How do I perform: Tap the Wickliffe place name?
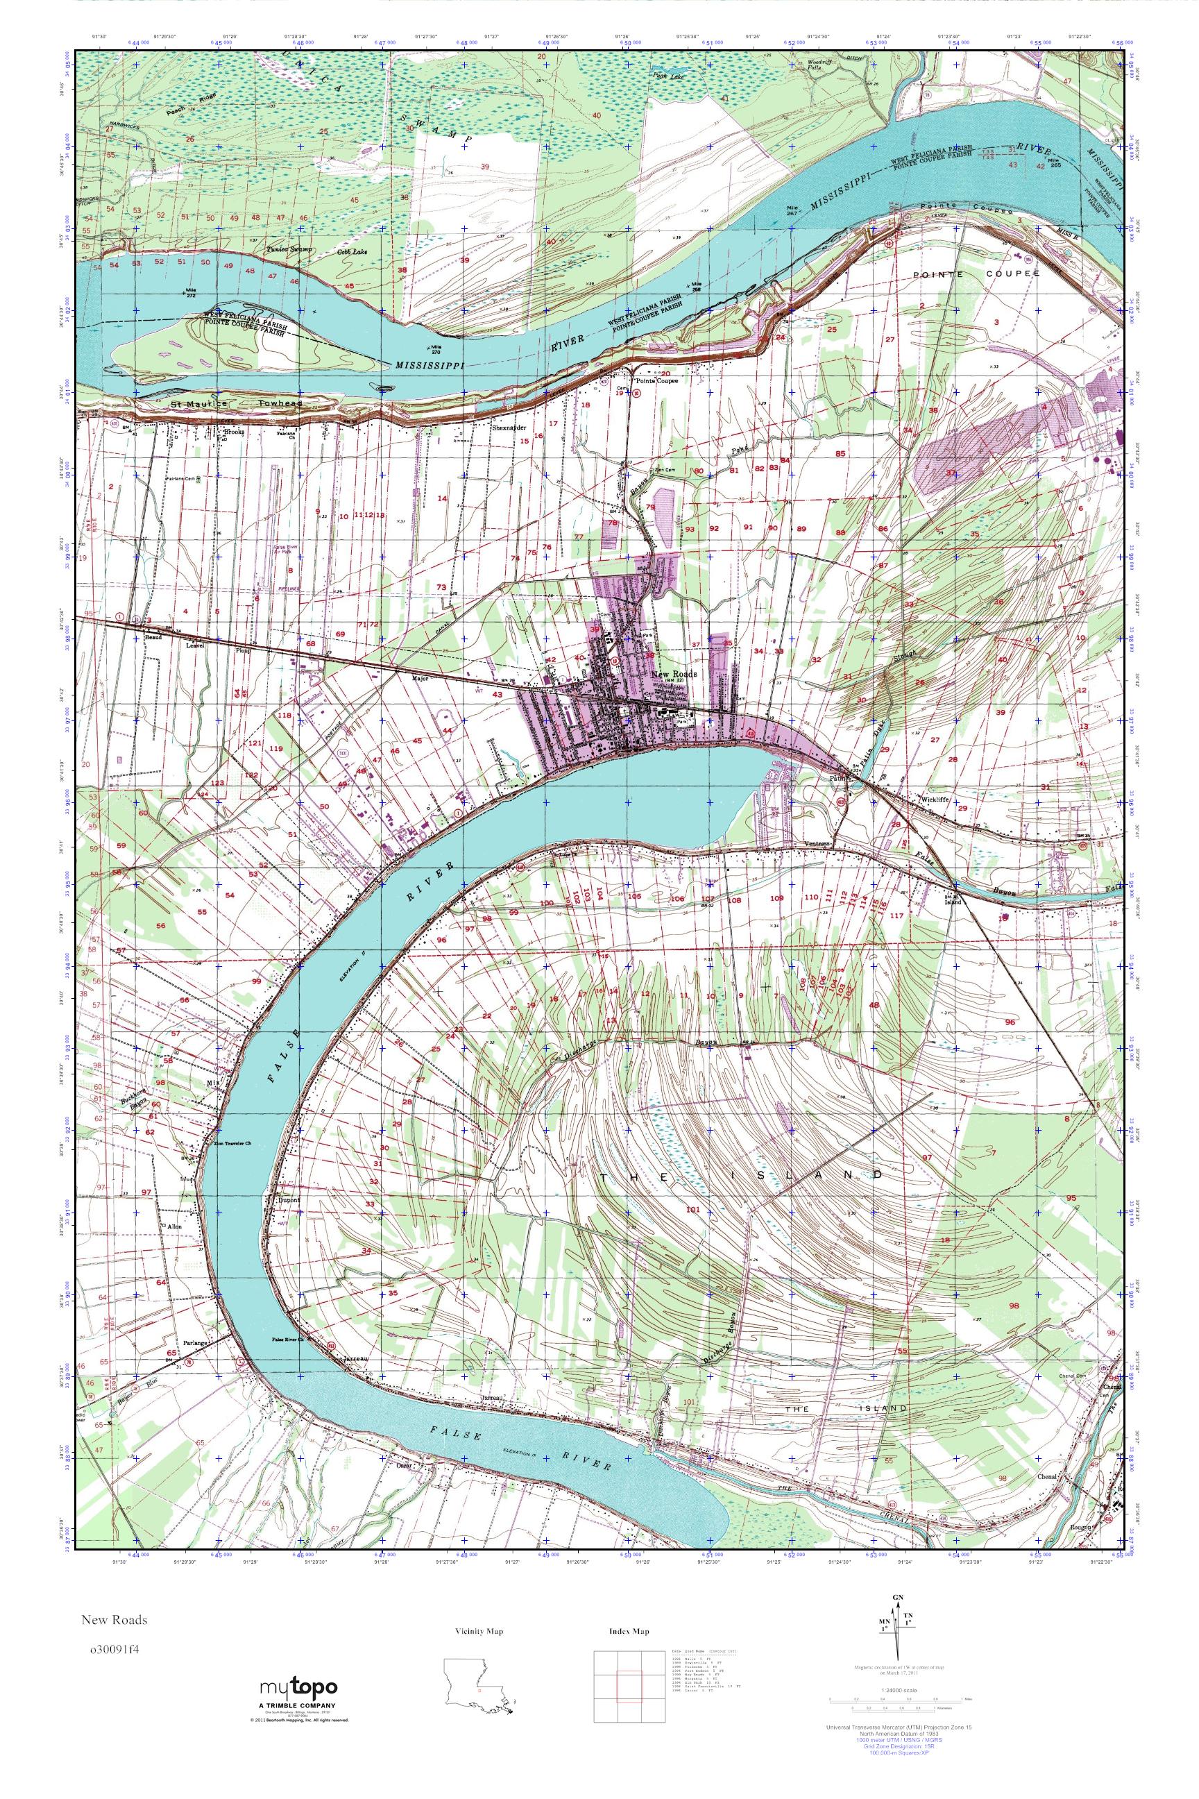(x=934, y=799)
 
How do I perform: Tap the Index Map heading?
(x=629, y=1625)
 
